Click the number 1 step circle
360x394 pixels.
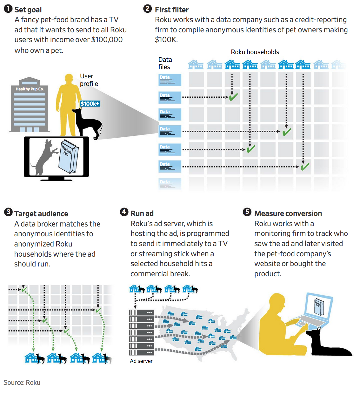click(x=8, y=9)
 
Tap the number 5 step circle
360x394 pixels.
click(x=247, y=212)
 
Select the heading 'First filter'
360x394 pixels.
click(x=171, y=10)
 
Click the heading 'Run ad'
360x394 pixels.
click(x=142, y=213)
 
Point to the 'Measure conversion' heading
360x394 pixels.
click(x=288, y=213)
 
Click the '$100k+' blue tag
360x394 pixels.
click(x=90, y=104)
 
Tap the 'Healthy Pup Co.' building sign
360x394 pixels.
click(x=30, y=89)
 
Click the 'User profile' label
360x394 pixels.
click(x=89, y=80)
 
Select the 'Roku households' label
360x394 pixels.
click(x=255, y=52)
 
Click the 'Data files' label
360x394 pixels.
click(x=165, y=63)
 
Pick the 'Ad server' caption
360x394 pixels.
click(x=141, y=361)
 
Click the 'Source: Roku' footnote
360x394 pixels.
click(x=22, y=383)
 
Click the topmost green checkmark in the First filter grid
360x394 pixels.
click(x=233, y=97)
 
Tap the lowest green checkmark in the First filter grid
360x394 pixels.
click(x=305, y=167)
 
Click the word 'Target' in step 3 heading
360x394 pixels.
click(x=25, y=214)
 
